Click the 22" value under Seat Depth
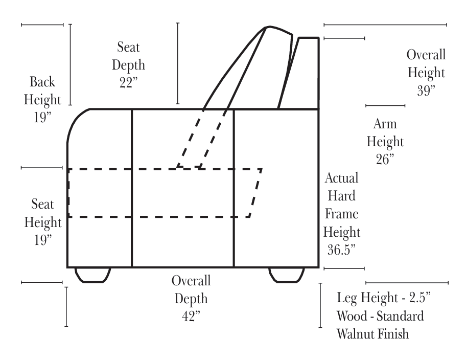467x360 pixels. tap(129, 83)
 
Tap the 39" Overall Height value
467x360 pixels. tap(426, 91)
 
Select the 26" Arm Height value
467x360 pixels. tap(385, 159)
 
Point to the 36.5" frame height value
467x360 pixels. tap(341, 250)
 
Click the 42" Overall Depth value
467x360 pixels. tap(191, 316)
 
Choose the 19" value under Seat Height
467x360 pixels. tap(42, 240)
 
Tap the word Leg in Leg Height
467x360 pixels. tap(346, 297)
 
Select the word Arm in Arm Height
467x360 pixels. tap(385, 124)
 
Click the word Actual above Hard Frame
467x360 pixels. tap(341, 178)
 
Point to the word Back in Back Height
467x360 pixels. tap(42, 82)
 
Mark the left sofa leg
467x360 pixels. tap(92, 275)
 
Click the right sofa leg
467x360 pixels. tap(287, 275)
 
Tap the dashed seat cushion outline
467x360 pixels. tap(164, 193)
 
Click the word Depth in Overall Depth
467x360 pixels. tap(191, 298)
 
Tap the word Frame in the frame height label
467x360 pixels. tap(341, 214)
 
